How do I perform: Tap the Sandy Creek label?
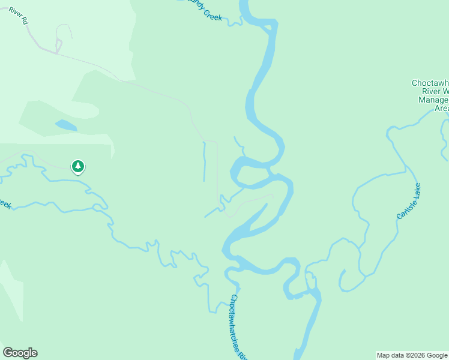(x=204, y=10)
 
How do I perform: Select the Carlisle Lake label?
(x=408, y=201)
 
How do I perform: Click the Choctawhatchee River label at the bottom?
(x=240, y=327)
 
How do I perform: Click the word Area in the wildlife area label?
(x=441, y=108)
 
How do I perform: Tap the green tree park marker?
(x=77, y=166)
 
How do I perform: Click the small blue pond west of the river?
(x=66, y=125)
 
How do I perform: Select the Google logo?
(x=20, y=353)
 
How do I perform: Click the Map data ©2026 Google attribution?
(x=412, y=355)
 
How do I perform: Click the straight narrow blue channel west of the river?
(x=204, y=162)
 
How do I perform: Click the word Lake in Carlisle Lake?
(x=416, y=191)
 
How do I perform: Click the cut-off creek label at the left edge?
(x=5, y=204)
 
